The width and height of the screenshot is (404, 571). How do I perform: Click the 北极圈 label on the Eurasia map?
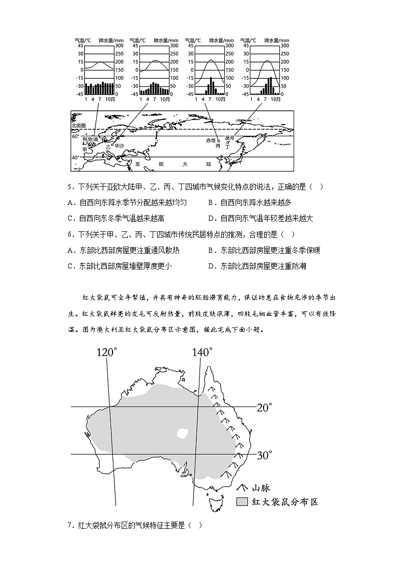tap(79, 125)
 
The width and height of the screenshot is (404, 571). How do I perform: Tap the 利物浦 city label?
tap(91, 139)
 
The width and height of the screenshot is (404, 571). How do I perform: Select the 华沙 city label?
tap(119, 145)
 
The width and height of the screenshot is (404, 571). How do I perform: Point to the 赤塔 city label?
tap(211, 140)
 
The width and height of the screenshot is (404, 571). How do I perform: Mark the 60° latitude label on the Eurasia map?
tap(75, 136)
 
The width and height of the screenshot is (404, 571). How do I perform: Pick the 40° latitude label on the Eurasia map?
tap(75, 157)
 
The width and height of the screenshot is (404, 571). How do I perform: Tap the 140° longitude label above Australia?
tap(202, 352)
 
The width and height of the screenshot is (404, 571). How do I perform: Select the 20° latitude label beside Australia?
tap(264, 407)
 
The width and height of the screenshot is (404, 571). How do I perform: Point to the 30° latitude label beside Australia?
tap(264, 455)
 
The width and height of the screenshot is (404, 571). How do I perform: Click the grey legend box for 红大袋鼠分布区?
tap(242, 502)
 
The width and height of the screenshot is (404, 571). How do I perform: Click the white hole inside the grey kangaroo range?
tap(182, 434)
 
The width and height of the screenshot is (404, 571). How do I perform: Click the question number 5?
tap(69, 187)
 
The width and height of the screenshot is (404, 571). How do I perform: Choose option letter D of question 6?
tap(211, 265)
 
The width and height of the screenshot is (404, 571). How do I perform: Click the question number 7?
tap(69, 525)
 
